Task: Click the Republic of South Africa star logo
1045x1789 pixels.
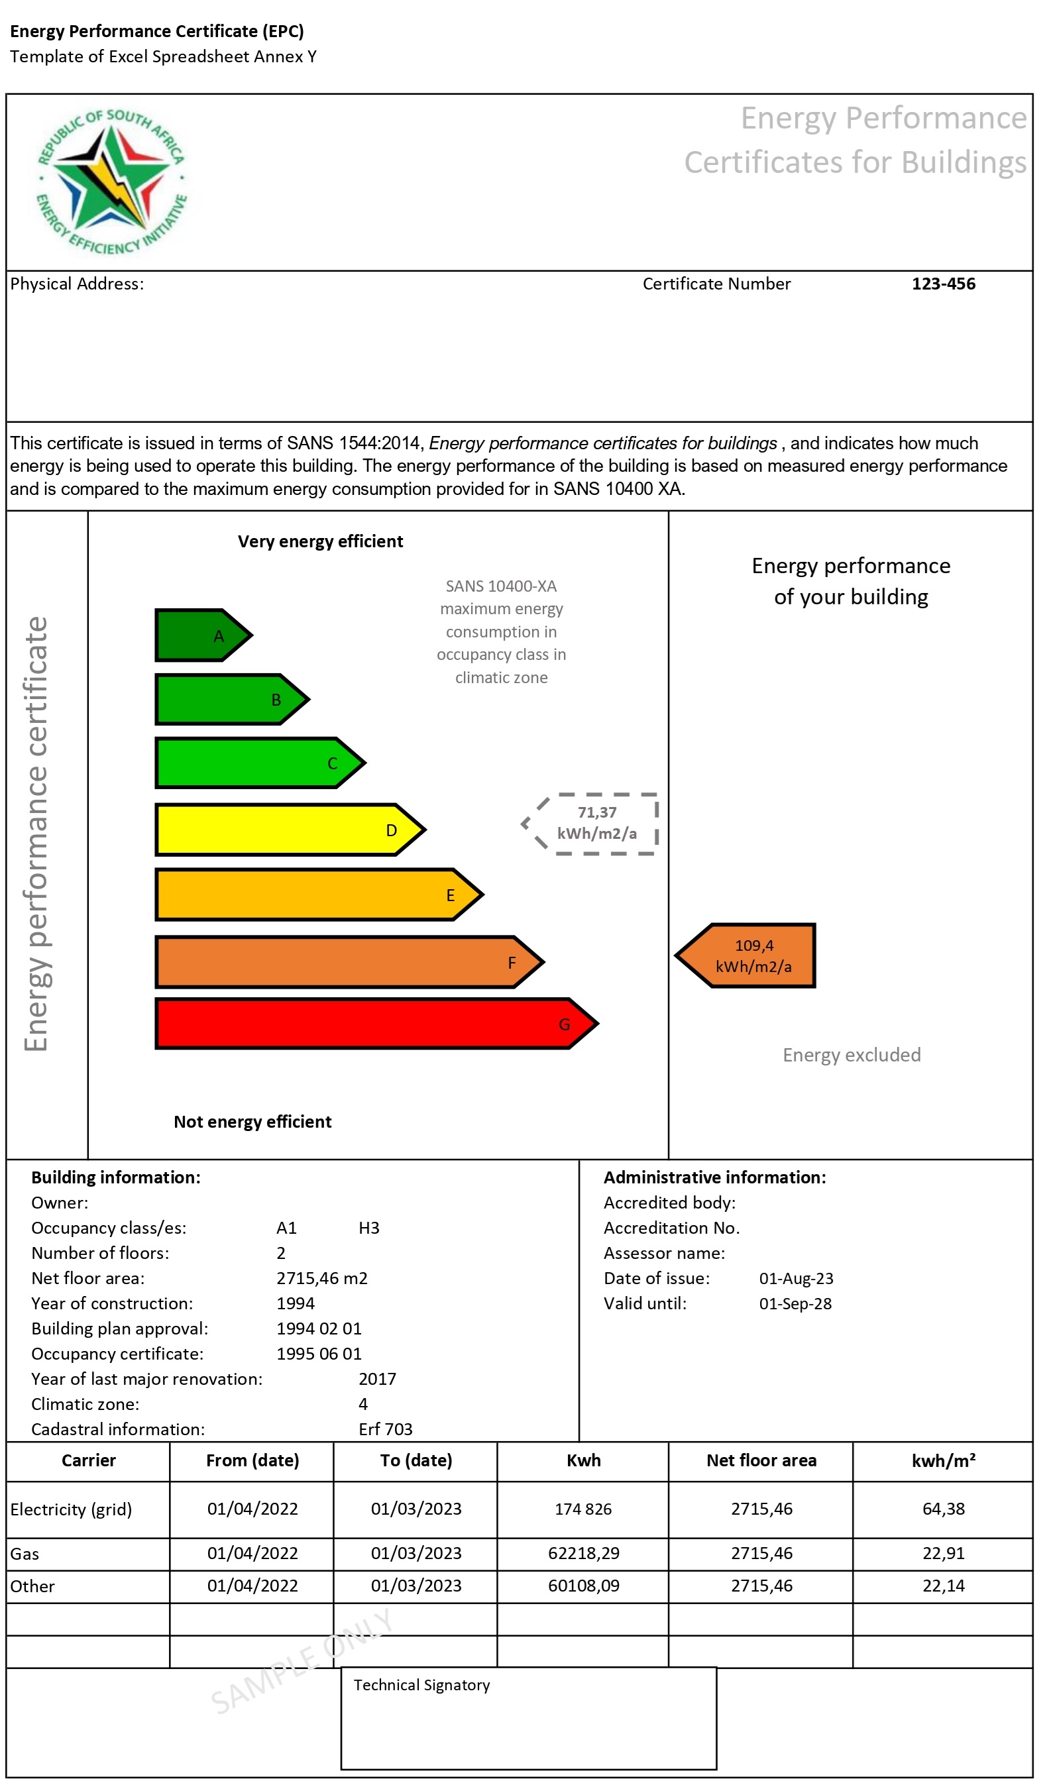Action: point(111,182)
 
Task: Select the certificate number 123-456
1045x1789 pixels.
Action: point(944,284)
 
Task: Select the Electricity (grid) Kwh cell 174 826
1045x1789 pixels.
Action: point(583,1509)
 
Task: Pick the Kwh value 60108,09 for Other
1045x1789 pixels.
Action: point(583,1586)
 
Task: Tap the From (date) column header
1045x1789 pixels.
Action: point(252,1460)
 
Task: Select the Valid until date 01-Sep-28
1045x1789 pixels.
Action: point(795,1304)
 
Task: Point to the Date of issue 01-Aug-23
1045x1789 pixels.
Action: point(796,1279)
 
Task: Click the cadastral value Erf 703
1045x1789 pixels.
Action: point(386,1430)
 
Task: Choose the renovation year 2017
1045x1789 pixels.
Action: point(377,1380)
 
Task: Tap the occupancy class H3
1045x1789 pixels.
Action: point(368,1228)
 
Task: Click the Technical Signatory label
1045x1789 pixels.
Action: point(421,1686)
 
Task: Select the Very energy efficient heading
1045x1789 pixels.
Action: point(320,542)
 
